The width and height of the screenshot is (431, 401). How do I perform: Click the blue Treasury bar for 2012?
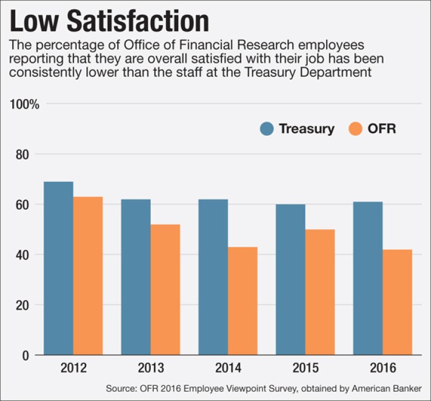(58, 268)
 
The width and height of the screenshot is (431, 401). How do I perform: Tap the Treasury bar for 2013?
(136, 277)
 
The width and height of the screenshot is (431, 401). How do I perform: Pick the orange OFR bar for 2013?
(165, 290)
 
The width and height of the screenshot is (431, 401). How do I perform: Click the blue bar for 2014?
(213, 277)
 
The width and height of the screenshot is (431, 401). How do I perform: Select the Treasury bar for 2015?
(291, 280)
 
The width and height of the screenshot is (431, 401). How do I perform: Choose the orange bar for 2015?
(320, 292)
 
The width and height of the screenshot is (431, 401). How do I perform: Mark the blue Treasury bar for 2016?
(368, 278)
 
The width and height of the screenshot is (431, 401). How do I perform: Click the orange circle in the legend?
(355, 129)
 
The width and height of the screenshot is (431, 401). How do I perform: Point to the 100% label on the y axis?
(24, 104)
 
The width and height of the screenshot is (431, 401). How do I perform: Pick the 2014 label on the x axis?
(228, 368)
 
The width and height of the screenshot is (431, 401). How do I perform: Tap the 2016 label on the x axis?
(383, 368)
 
